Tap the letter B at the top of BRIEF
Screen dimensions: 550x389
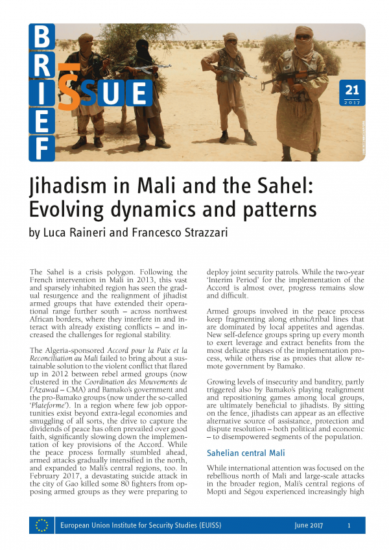tap(41, 37)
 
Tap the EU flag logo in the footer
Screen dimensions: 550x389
tap(41, 525)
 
